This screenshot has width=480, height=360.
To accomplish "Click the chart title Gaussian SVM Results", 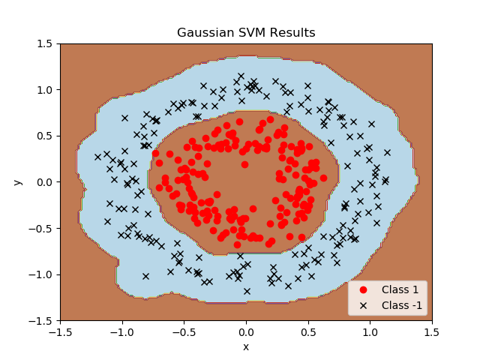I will click(246, 33).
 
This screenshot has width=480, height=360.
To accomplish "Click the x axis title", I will click(246, 346).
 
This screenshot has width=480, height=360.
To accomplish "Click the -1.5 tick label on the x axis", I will click(60, 331).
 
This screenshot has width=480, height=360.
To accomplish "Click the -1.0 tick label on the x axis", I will click(121, 331).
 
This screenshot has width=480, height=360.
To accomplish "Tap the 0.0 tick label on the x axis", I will click(246, 331).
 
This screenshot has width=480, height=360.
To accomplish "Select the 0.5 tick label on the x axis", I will click(308, 331).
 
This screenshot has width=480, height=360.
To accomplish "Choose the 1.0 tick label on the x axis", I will click(370, 331).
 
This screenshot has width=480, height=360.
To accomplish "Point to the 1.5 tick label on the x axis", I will click(432, 331).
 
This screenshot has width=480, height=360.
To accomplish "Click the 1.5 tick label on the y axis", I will click(46, 43).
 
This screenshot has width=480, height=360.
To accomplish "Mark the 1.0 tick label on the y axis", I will click(46, 90).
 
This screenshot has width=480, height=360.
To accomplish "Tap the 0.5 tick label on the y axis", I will click(46, 136).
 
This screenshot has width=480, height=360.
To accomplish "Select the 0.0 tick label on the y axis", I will click(46, 182).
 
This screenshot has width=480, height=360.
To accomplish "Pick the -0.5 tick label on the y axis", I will click(43, 228).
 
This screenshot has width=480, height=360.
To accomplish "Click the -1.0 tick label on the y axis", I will click(43, 274).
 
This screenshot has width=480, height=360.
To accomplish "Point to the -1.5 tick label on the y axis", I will click(43, 320).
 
